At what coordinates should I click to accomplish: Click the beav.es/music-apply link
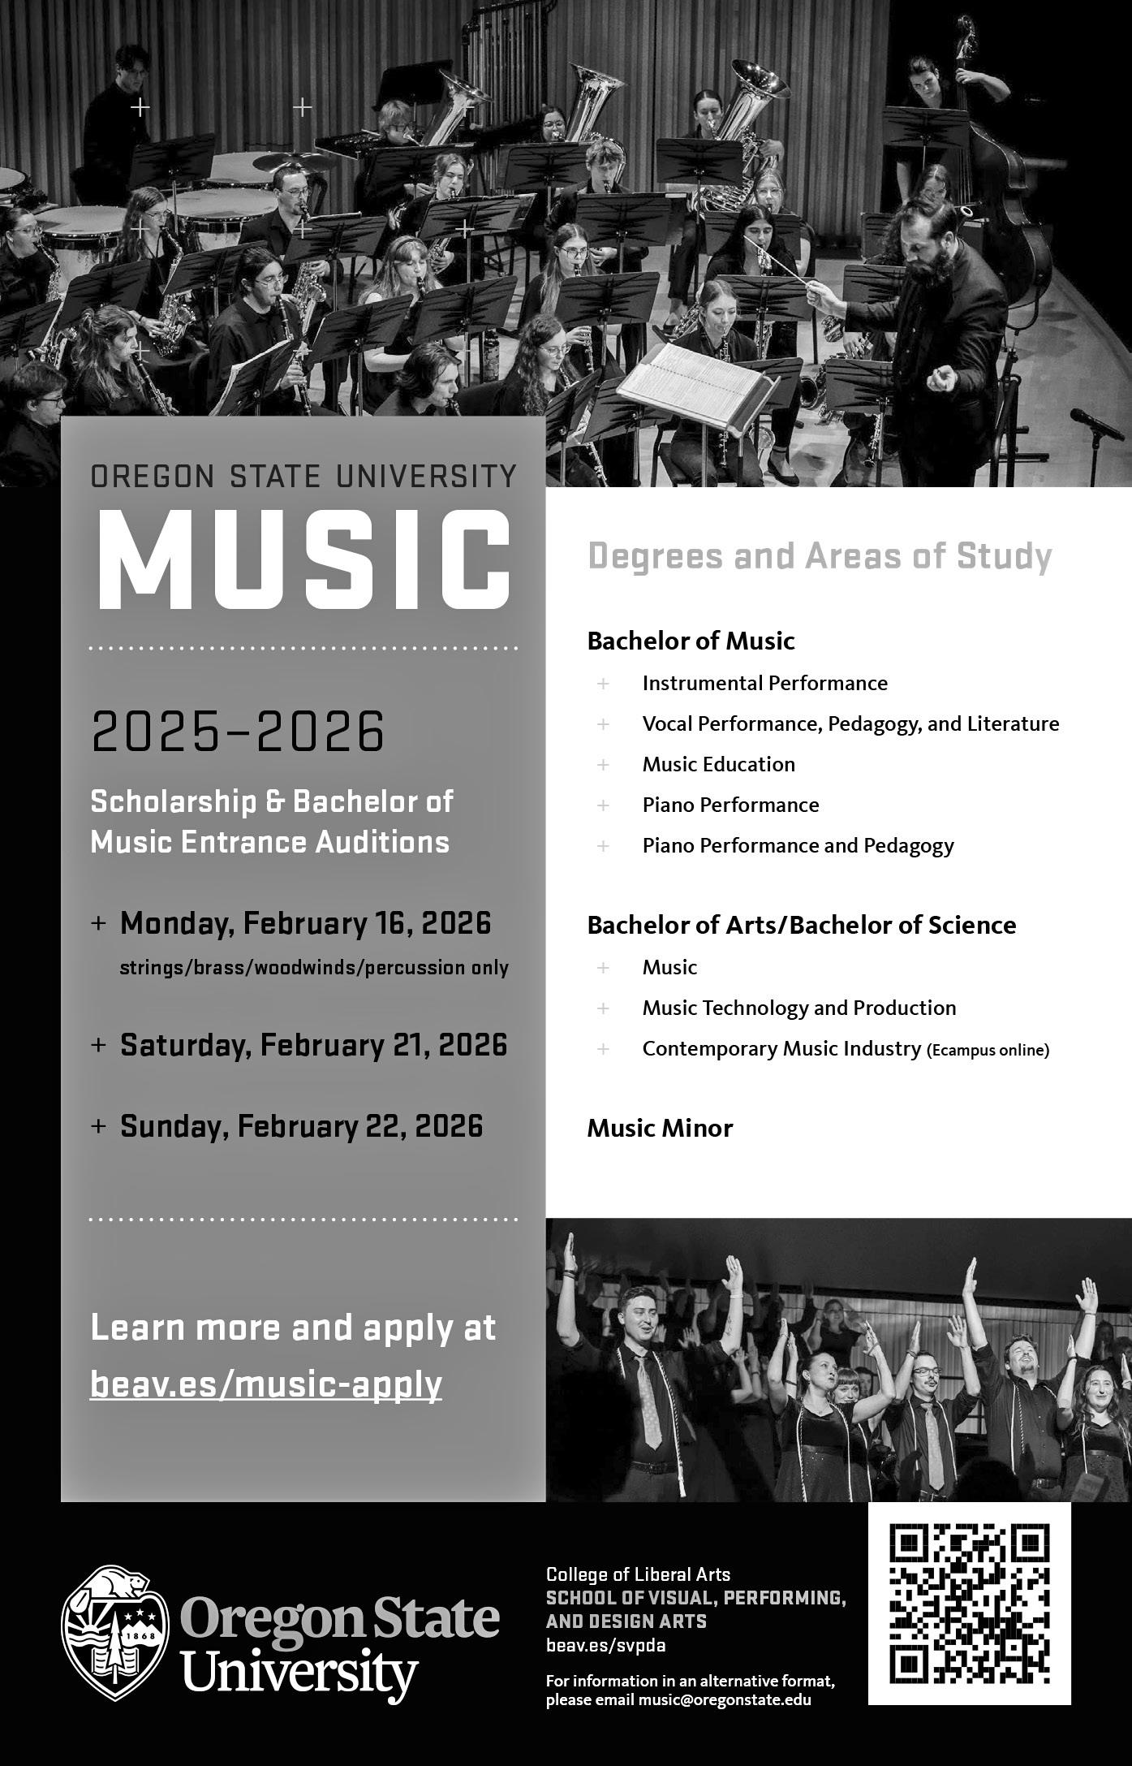tap(266, 1384)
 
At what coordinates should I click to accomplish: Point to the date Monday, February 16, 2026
tap(305, 923)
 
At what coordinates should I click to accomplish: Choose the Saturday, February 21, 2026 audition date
tap(313, 1045)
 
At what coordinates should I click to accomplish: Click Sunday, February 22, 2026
tap(301, 1126)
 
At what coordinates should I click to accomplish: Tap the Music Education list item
tap(718, 764)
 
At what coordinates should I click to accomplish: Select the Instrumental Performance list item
tap(764, 683)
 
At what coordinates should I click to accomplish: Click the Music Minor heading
tap(660, 1128)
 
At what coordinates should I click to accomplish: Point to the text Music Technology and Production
tap(798, 1008)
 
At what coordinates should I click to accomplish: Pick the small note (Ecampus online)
tap(988, 1050)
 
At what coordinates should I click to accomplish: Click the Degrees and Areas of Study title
tap(820, 556)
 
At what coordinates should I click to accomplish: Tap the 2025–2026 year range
tap(238, 731)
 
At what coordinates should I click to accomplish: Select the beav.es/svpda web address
tap(606, 1646)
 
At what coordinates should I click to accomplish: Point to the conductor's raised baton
tap(779, 261)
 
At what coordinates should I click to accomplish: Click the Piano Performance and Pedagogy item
tap(798, 845)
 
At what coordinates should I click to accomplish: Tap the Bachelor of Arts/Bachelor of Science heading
tap(801, 925)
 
